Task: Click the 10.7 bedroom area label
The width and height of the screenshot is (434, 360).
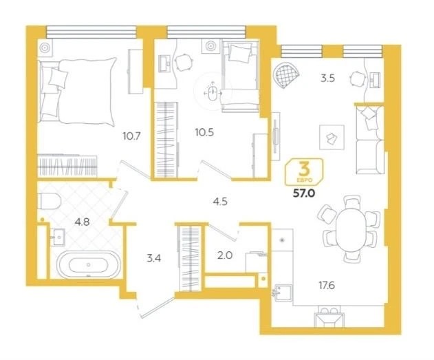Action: (x=132, y=136)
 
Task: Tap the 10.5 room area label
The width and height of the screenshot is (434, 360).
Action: (x=204, y=133)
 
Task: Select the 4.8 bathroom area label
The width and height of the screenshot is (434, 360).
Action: (x=83, y=222)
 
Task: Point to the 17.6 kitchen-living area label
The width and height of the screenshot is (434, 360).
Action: (x=327, y=285)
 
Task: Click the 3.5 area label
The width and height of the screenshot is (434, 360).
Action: (x=327, y=78)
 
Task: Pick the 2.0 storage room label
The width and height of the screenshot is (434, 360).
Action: (x=225, y=255)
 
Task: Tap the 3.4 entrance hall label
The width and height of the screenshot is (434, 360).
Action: (x=153, y=258)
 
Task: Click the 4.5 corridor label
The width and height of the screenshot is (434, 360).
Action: (x=220, y=202)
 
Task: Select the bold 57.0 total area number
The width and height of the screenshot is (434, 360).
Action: (x=304, y=193)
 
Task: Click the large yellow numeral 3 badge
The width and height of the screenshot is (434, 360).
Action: (x=305, y=169)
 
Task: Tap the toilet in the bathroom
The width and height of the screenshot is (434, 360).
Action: (x=50, y=201)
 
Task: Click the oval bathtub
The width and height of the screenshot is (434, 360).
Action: (x=88, y=265)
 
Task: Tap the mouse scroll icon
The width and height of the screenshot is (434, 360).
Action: (x=213, y=94)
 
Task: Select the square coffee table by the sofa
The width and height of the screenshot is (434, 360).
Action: (x=332, y=138)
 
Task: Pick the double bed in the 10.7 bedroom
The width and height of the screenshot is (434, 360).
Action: (x=77, y=92)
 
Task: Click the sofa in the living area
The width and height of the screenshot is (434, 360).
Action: (x=370, y=140)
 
